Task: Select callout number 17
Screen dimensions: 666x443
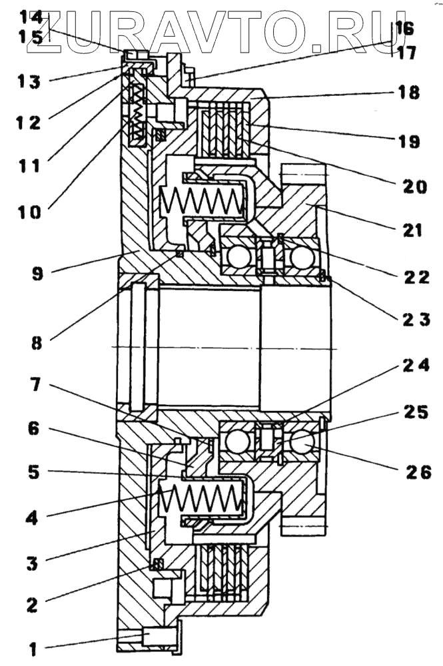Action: pos(406,52)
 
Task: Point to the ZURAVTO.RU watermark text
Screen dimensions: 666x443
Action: pos(220,27)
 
